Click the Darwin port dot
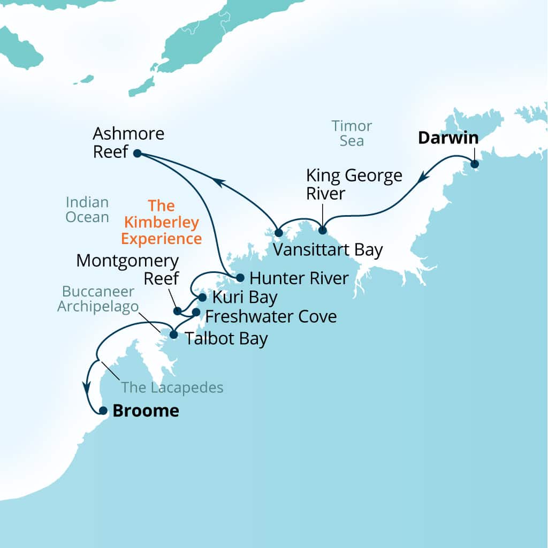tap(474, 164)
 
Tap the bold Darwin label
tap(448, 138)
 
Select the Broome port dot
tap(103, 411)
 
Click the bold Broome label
tap(146, 411)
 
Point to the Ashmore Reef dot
tap(137, 153)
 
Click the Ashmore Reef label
tap(128, 142)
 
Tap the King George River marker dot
tap(322, 231)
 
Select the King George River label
tap(354, 184)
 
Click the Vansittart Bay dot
tap(278, 233)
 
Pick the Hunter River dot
tap(240, 278)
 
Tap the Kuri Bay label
tap(245, 297)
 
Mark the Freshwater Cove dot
tap(196, 312)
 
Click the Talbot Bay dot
tap(173, 335)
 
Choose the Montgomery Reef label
tap(127, 270)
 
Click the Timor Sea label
tap(352, 134)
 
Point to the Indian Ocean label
tap(87, 210)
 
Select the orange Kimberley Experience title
tap(161, 222)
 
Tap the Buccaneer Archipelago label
tap(98, 299)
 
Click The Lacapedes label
tap(172, 387)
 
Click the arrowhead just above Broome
tap(86, 386)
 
